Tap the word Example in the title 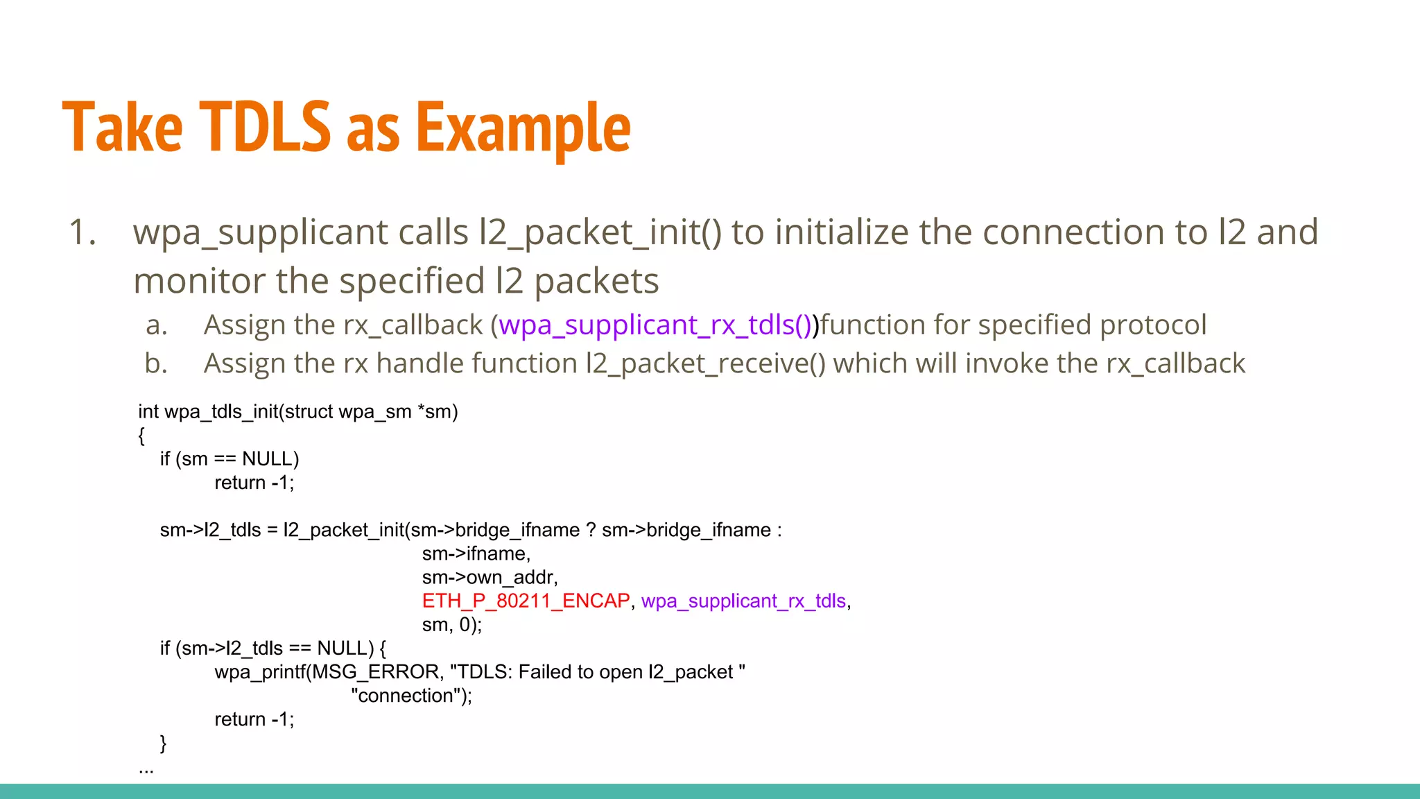[x=523, y=128]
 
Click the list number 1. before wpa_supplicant [x=83, y=232]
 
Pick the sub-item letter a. [x=157, y=325]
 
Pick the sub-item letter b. [x=157, y=364]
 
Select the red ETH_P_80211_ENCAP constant [x=526, y=601]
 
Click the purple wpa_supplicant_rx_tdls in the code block [x=743, y=601]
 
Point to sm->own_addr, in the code [x=490, y=577]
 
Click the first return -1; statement [x=254, y=483]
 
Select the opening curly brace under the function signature [x=141, y=436]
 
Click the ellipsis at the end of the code [x=146, y=770]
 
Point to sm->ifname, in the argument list [x=476, y=553]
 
